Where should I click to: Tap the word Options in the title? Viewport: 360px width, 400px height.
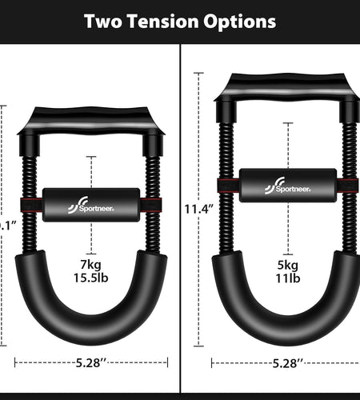pyautogui.click(x=239, y=21)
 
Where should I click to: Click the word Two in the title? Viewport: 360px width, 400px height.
pyautogui.click(x=107, y=21)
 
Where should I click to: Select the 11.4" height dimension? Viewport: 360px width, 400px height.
pyautogui.click(x=198, y=209)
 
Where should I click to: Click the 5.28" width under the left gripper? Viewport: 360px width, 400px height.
pyautogui.click(x=92, y=362)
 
